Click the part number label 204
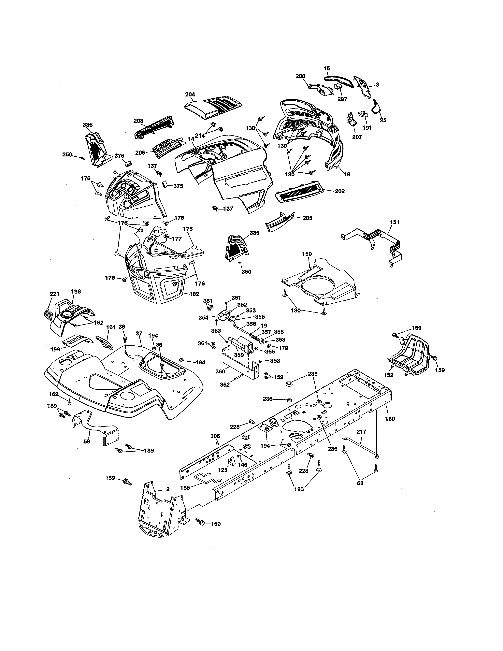pos(190,94)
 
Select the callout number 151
pos(394,222)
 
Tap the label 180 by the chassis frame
pos(390,419)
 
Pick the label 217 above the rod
pos(361,432)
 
